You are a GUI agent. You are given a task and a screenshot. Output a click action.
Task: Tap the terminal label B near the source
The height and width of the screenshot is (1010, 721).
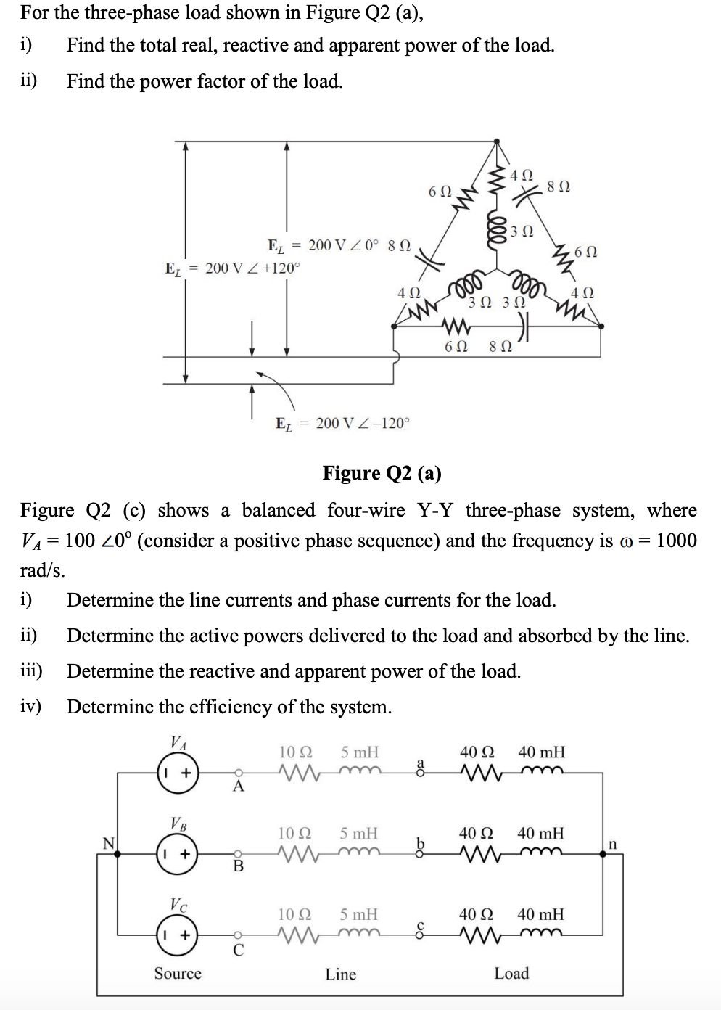point(236,867)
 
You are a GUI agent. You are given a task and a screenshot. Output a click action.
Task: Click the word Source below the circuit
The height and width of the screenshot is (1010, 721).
point(178,973)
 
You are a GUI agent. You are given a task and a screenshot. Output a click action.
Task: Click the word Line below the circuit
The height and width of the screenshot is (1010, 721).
point(340,974)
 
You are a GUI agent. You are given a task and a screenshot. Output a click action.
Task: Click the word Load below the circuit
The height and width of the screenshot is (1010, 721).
point(511,973)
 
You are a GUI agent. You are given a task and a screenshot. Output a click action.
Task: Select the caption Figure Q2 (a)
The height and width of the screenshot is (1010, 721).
point(382,473)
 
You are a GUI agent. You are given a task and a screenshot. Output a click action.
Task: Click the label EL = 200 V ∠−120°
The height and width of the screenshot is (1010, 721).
point(342,423)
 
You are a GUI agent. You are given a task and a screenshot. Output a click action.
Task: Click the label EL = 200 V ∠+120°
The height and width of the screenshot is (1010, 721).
point(232,268)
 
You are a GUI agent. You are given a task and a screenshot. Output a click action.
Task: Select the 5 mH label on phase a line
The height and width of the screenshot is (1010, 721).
point(360,752)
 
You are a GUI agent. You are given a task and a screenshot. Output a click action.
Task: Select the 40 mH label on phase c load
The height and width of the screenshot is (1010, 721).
point(540,914)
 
